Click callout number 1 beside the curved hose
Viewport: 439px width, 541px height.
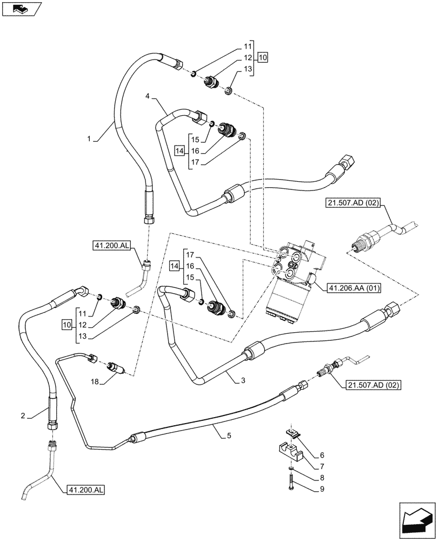click(x=89, y=138)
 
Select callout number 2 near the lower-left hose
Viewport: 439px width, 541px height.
click(x=23, y=415)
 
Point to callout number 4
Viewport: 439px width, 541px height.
click(x=147, y=96)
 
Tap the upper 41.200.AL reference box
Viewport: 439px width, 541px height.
click(x=111, y=247)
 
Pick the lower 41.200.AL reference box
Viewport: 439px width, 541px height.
click(x=86, y=490)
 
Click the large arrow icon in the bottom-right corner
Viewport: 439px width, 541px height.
click(x=416, y=521)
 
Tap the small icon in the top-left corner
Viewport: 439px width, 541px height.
click(x=19, y=8)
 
